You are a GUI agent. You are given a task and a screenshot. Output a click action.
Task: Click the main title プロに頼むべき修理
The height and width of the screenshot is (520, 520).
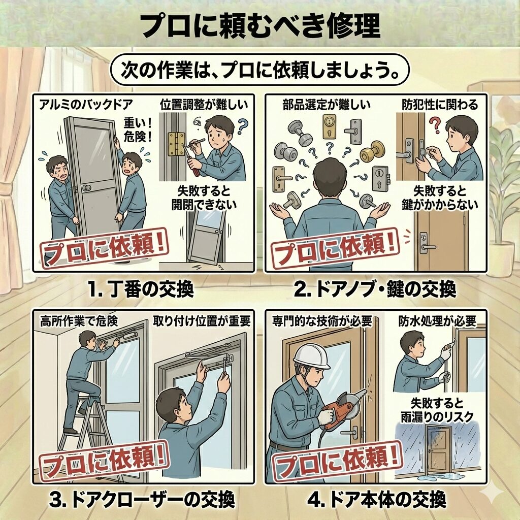[x=259, y=26]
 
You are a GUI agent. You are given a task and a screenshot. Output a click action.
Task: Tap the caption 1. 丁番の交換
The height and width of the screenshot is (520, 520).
[x=141, y=289]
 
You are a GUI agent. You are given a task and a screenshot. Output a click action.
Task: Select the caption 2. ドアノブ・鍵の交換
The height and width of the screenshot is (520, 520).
[x=375, y=289]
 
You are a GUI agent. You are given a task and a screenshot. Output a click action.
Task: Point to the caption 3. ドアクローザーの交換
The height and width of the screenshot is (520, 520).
[x=142, y=500]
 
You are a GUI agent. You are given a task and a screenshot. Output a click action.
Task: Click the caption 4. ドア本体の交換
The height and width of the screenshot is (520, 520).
[x=376, y=500]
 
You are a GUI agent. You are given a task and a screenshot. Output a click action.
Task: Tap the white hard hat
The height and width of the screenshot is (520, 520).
[x=311, y=357]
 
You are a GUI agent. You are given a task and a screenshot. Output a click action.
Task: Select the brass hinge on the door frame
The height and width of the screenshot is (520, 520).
[x=176, y=144]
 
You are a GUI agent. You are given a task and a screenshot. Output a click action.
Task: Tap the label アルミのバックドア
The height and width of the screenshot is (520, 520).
[x=85, y=105]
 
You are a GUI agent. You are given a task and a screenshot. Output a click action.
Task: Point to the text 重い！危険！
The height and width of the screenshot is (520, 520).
[x=138, y=130]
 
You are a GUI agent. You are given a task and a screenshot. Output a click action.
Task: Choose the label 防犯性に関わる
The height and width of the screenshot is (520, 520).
[x=440, y=105]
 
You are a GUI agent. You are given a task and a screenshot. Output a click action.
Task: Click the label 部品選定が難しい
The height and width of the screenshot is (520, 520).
[x=327, y=105]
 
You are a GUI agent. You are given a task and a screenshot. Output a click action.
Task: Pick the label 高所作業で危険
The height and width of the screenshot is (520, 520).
[x=79, y=321]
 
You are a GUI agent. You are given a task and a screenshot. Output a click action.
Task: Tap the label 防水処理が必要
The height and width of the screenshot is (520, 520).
[x=437, y=321]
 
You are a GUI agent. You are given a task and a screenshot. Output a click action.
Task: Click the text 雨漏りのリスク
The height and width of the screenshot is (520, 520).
[x=437, y=417]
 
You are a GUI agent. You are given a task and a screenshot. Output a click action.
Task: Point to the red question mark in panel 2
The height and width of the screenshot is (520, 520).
[x=435, y=125]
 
